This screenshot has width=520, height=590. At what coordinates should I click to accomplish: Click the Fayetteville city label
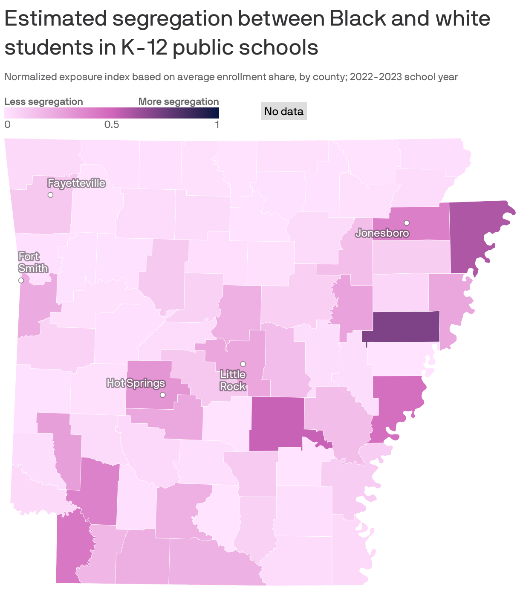click(76, 183)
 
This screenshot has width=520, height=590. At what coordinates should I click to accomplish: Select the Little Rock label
click(233, 380)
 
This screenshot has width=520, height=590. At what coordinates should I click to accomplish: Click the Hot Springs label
click(136, 383)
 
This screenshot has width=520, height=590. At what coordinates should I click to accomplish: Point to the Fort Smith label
click(33, 262)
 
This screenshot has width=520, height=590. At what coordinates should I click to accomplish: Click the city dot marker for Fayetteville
click(50, 195)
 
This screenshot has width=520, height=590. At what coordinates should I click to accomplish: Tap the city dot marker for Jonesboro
click(407, 223)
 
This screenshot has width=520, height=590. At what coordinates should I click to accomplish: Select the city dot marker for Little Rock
click(243, 364)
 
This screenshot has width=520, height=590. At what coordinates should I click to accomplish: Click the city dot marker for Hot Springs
click(162, 395)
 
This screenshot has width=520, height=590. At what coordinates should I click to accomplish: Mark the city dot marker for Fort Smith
click(21, 280)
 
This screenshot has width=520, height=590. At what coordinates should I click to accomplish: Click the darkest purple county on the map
click(401, 327)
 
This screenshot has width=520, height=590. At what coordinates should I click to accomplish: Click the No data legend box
click(283, 112)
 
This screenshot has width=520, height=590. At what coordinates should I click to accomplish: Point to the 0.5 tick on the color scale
click(112, 124)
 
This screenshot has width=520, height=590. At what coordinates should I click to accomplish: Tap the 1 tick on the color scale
click(217, 124)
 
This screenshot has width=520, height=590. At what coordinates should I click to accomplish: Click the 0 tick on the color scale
click(7, 124)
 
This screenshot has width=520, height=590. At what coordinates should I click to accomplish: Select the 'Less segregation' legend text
click(43, 101)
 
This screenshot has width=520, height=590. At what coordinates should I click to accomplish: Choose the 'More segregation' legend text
click(179, 101)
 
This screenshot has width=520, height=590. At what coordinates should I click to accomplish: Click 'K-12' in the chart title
click(144, 47)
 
